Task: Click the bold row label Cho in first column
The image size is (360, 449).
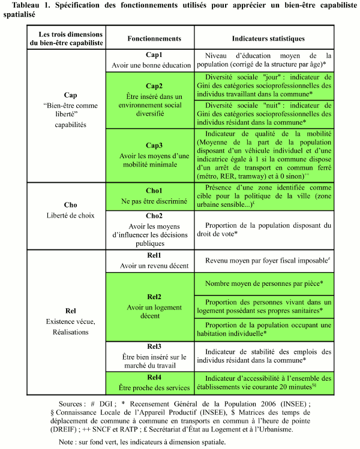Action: [x=70, y=204]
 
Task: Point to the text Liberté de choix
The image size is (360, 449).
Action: [x=70, y=215]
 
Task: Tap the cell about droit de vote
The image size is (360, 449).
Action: [x=263, y=230]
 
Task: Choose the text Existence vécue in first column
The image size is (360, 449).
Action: [x=70, y=321]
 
